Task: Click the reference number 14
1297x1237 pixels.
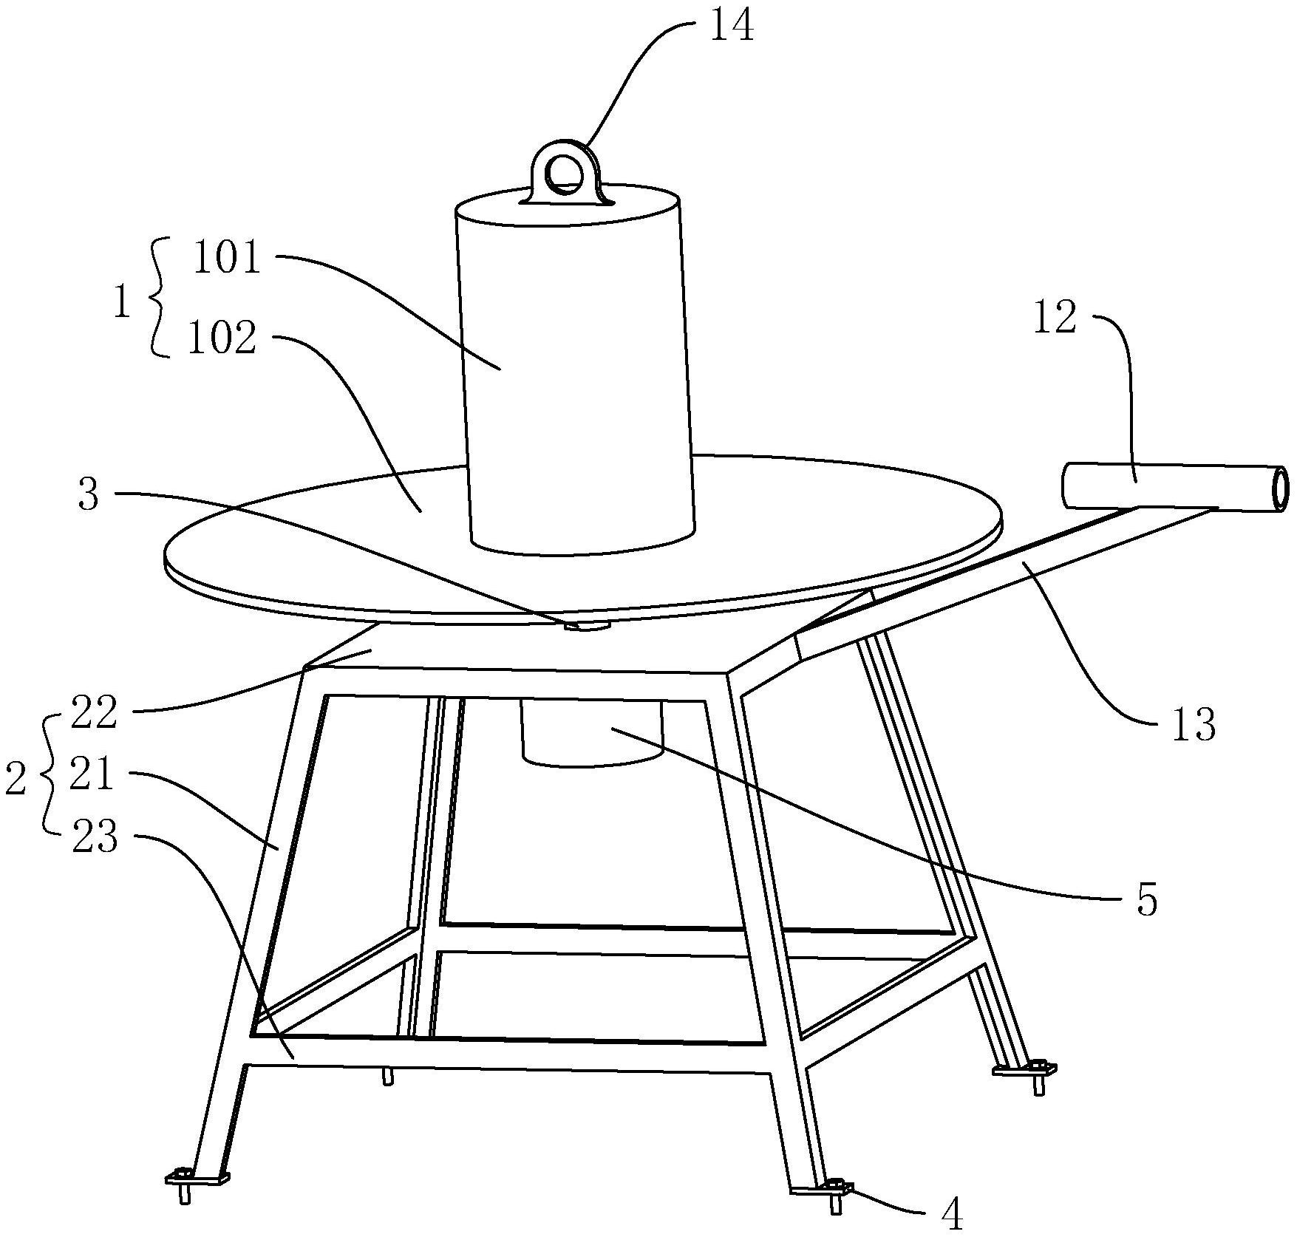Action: (732, 24)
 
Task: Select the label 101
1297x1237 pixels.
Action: (227, 259)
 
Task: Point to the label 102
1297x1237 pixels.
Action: (222, 338)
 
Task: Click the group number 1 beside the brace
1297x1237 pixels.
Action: (123, 302)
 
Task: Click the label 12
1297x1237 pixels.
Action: (1055, 318)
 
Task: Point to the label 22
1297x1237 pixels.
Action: (94, 713)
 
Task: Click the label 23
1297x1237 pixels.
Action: (95, 839)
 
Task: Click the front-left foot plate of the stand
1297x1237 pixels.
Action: (197, 1176)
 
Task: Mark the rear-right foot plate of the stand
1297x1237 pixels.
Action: (1024, 1068)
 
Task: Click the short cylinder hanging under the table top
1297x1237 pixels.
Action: (591, 732)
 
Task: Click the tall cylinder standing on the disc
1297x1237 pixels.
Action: (574, 369)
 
